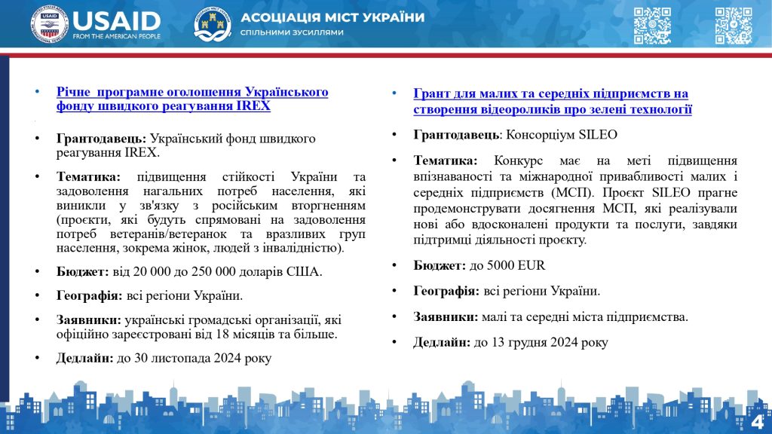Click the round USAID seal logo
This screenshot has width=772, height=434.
coord(50,24)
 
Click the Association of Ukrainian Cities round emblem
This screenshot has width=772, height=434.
coord(213,24)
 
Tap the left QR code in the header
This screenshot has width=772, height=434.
coord(652,25)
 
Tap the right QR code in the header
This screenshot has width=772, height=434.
coord(734,25)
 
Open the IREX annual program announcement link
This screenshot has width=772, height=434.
coord(192,99)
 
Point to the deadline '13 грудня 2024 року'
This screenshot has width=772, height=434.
coord(540,342)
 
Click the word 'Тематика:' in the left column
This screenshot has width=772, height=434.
coord(87,177)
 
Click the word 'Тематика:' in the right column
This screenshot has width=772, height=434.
coord(446,160)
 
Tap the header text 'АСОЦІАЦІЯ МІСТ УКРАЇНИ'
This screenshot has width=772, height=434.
coord(332,17)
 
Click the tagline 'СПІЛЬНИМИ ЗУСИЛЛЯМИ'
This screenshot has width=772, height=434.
coord(292,32)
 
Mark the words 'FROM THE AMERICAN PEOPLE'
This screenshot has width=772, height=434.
coord(117,35)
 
